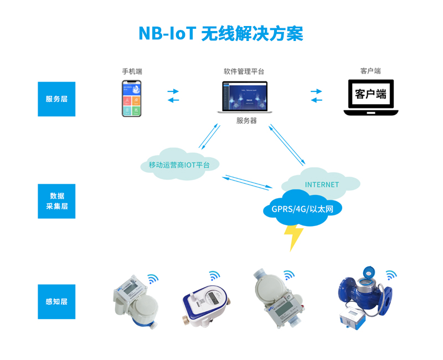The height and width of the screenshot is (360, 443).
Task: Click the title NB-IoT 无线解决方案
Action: pos(220,33)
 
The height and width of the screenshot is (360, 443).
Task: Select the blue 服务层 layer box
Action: pos(56,99)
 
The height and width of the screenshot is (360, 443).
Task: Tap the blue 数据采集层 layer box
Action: pos(56,201)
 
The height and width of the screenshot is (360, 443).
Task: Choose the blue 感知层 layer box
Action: pos(56,302)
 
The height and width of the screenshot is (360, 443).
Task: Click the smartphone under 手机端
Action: pos(132,99)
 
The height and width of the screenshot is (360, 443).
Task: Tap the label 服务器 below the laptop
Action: pos(246,121)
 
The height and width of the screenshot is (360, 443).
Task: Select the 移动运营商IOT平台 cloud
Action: pos(179,164)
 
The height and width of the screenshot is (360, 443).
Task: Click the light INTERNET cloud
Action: pos(322,183)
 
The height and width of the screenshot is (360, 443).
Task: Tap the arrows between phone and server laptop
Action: pos(173,95)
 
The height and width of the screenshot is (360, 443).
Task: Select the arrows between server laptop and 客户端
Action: pos(316,95)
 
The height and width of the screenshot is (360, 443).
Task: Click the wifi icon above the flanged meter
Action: pos(391,275)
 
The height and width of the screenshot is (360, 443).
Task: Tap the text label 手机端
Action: pos(132,71)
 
